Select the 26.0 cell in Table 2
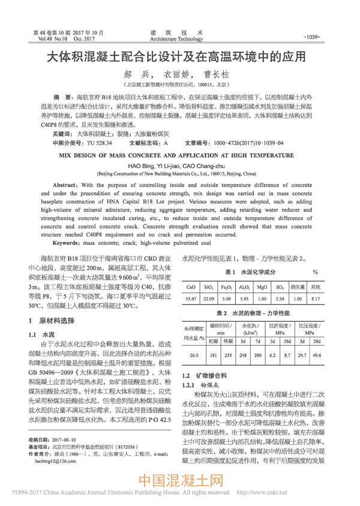[x=194, y=355]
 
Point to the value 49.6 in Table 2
[x=333, y=355]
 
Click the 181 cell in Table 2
[x=213, y=355]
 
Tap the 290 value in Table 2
[x=258, y=355]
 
